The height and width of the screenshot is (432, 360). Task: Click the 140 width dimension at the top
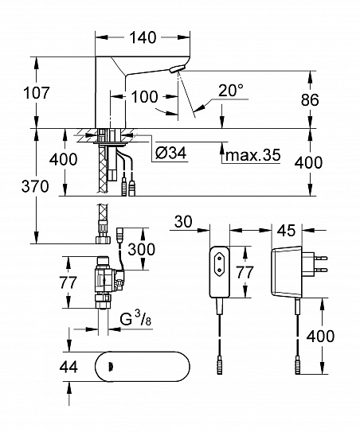[x=143, y=37]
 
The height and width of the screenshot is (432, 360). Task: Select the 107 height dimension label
[x=36, y=92]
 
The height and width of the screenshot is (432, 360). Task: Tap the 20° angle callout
[x=231, y=90]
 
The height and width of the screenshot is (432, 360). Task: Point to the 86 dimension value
[x=310, y=99]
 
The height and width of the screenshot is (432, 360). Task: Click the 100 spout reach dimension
[x=144, y=97]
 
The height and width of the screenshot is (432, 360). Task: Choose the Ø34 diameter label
[x=170, y=153]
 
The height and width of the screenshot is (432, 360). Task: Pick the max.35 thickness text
[x=253, y=155]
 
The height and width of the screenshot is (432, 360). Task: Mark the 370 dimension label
[x=35, y=186]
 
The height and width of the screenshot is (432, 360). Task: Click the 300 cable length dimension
[x=142, y=249]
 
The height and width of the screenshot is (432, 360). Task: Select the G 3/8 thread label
[x=135, y=320]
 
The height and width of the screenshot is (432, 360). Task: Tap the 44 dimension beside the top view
[x=68, y=367]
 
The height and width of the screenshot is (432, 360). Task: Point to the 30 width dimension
[x=183, y=221]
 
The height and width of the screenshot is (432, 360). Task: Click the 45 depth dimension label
[x=287, y=231]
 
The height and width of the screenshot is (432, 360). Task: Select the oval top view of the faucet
[x=143, y=367]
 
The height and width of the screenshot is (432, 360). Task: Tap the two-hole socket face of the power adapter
[x=220, y=261]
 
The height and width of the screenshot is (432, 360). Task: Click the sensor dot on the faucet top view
[x=111, y=366]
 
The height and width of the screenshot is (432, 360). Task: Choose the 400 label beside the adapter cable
[x=320, y=336]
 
